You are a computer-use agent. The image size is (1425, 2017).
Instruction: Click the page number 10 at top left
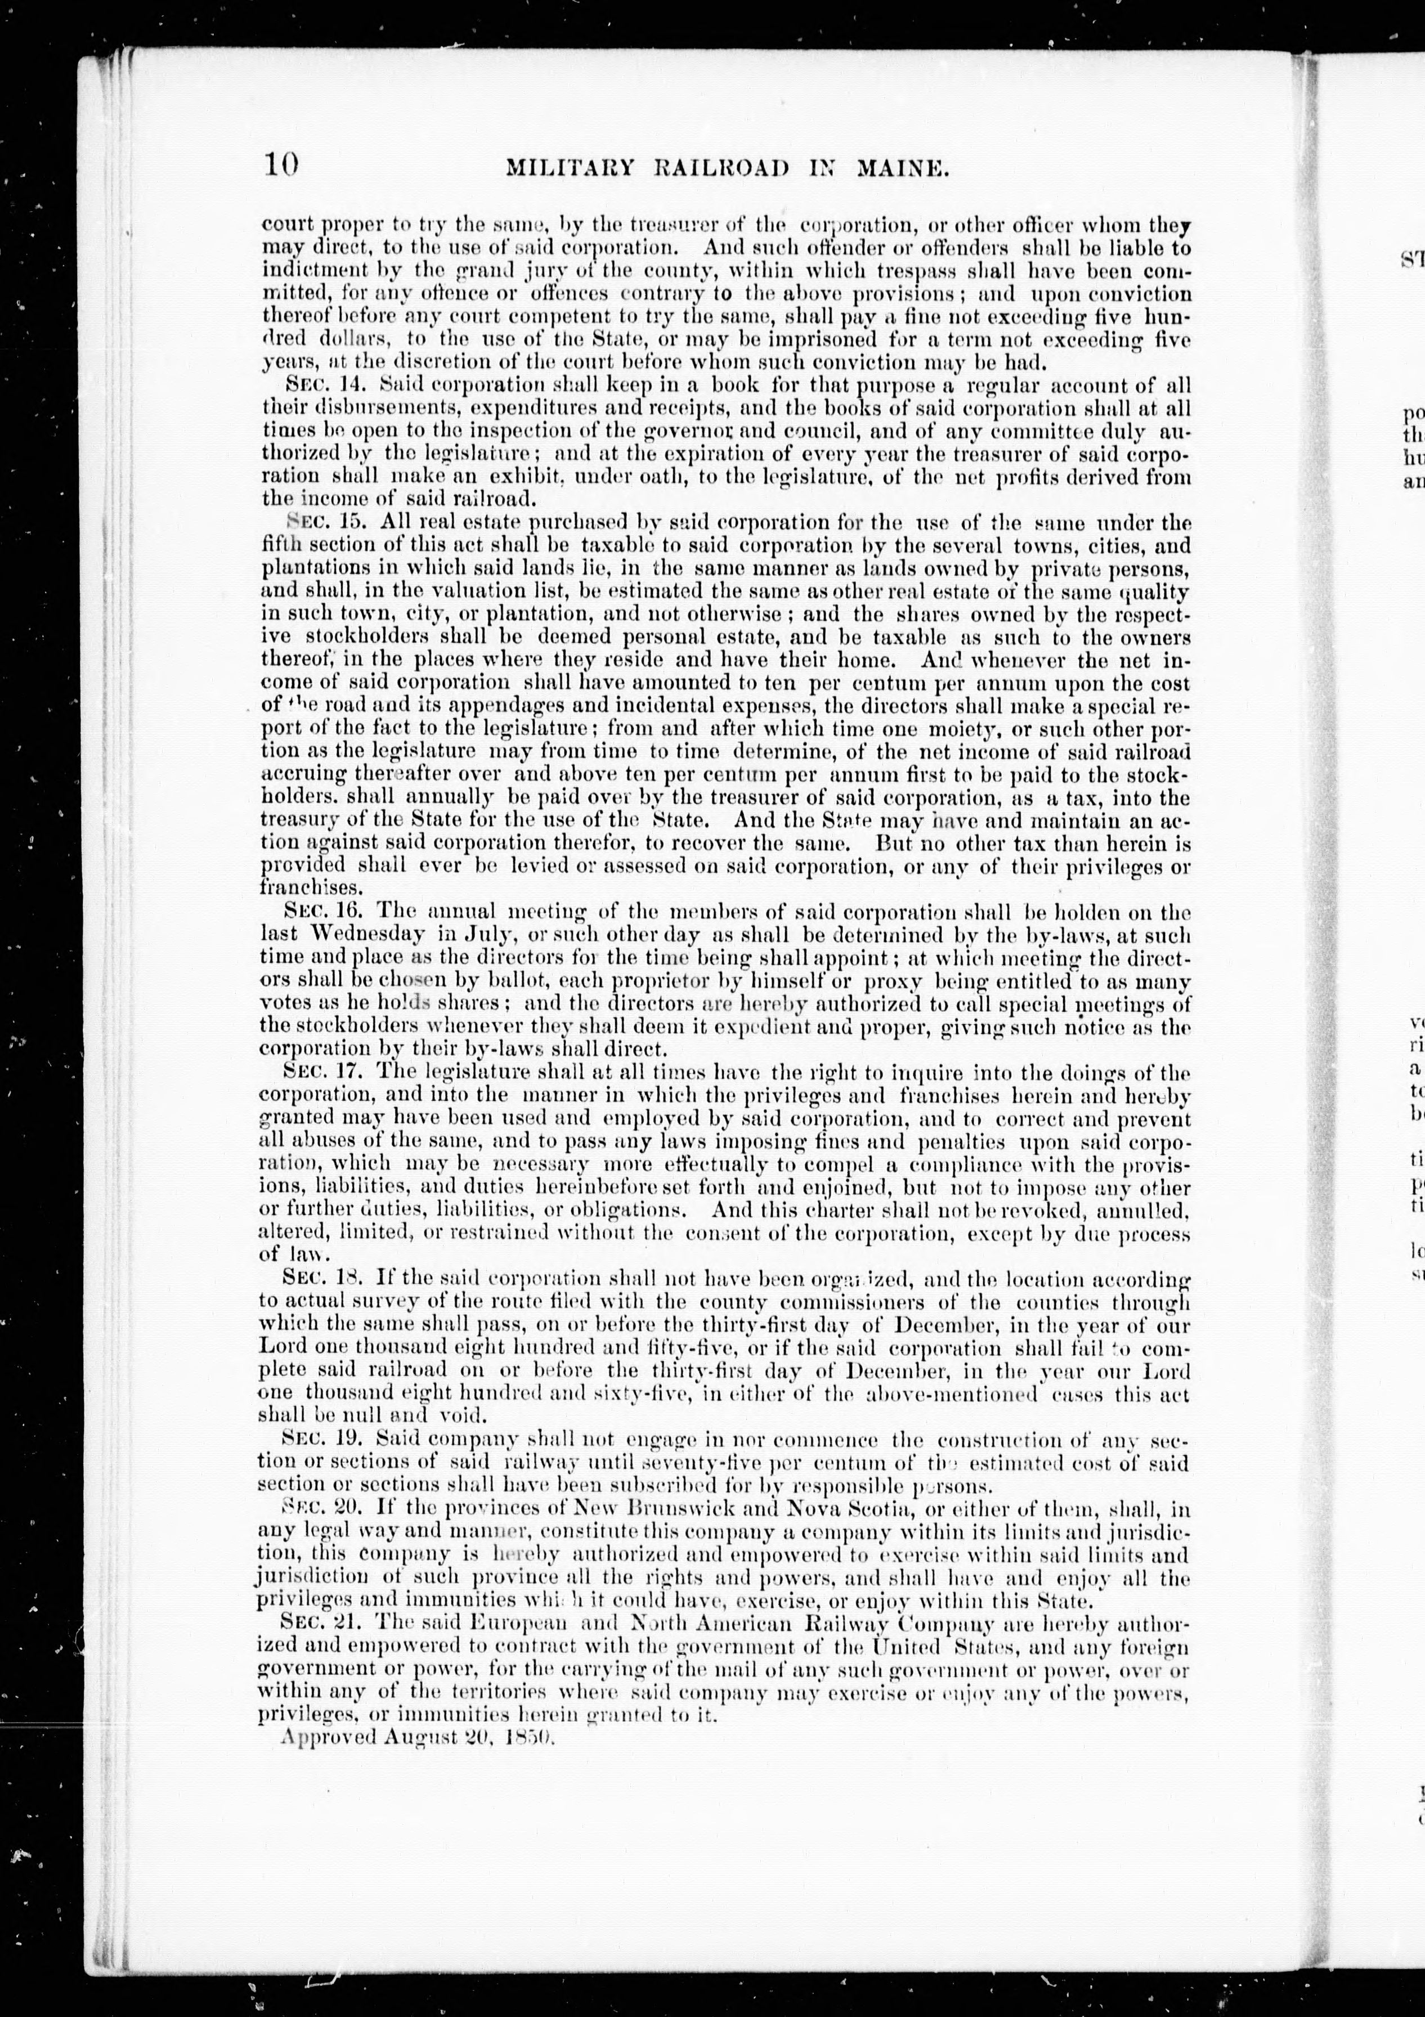(x=281, y=165)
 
